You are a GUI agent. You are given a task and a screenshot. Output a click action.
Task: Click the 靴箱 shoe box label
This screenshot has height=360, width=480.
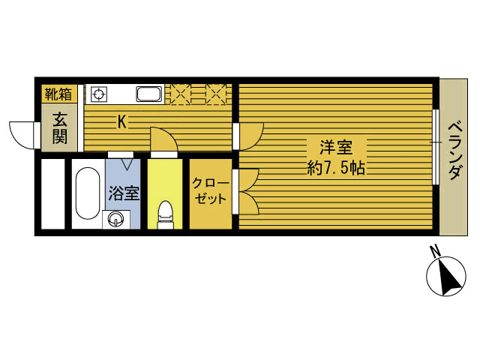(x=58, y=94)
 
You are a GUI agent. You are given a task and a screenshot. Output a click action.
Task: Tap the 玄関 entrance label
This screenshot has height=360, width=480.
(x=59, y=128)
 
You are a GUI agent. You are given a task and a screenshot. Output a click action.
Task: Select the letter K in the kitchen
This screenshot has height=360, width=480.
(x=121, y=122)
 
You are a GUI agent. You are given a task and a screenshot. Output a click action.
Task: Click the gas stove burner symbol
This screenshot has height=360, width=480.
(x=99, y=94)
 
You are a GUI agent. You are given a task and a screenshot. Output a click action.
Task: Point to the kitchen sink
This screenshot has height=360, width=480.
(x=148, y=94)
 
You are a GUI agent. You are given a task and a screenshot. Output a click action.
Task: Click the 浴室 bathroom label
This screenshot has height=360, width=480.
(x=124, y=193)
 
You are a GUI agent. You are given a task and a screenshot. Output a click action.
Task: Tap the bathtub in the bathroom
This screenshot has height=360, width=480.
(x=88, y=193)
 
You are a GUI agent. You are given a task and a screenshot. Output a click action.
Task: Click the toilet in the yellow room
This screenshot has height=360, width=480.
(x=165, y=214)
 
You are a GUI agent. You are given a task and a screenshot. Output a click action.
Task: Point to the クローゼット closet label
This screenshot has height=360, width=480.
(x=211, y=191)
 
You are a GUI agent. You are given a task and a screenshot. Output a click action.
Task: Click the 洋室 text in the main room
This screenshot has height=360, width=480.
(x=336, y=147)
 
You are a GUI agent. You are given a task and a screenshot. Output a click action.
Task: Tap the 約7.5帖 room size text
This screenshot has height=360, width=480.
(x=336, y=167)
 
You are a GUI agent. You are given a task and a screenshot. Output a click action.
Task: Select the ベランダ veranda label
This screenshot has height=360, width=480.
(x=455, y=150)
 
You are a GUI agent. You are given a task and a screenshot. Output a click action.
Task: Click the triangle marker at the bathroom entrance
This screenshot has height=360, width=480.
(x=127, y=164)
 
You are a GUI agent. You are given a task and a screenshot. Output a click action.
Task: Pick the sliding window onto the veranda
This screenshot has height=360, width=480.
(x=436, y=147)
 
